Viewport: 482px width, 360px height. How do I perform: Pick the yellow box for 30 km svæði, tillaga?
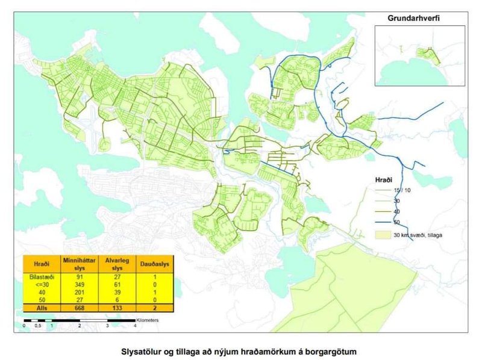[x=381, y=234]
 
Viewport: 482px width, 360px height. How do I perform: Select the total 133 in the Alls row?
[x=113, y=307]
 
